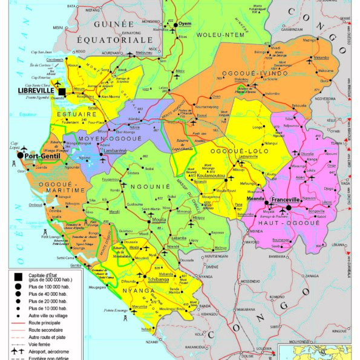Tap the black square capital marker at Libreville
62,91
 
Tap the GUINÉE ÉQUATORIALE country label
123,31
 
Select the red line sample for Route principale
23,323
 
